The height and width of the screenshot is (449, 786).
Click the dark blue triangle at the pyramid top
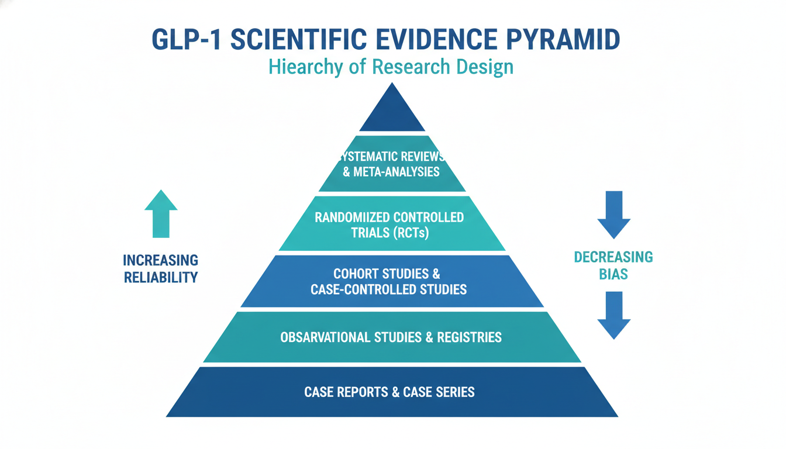(392, 111)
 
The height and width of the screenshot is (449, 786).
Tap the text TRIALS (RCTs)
(390, 233)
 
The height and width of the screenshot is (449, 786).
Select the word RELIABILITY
(161, 277)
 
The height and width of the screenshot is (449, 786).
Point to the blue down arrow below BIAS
(613, 316)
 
